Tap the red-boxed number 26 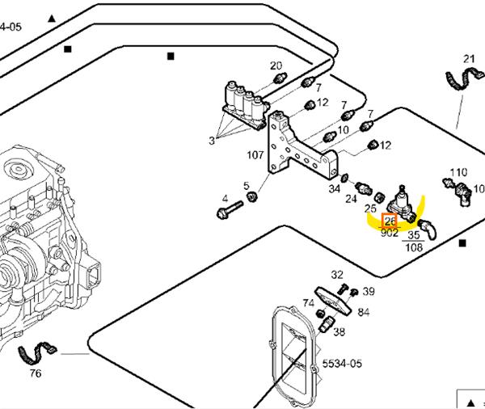(390, 221)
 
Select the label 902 (390, 233)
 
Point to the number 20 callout (276, 65)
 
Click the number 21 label (470, 58)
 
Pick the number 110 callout (458, 171)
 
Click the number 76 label (36, 373)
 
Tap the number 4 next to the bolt (225, 198)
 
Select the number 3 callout (212, 141)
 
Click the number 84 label (364, 312)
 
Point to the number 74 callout (308, 303)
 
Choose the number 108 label (414, 248)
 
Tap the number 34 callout (335, 189)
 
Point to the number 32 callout (337, 276)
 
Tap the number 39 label (369, 291)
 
